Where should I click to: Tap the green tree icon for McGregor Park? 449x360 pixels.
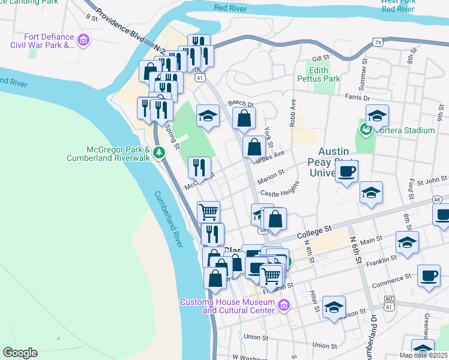coord(159,152)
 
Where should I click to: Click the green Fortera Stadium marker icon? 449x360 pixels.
coord(364,130)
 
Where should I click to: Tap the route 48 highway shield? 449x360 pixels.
coord(437,199)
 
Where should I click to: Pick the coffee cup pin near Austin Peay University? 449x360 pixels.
coord(346,173)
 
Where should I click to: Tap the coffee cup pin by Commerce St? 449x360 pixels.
coord(429,276)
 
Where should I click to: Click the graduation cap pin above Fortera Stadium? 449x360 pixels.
coord(377,115)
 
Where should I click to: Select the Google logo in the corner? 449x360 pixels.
coord(20,353)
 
